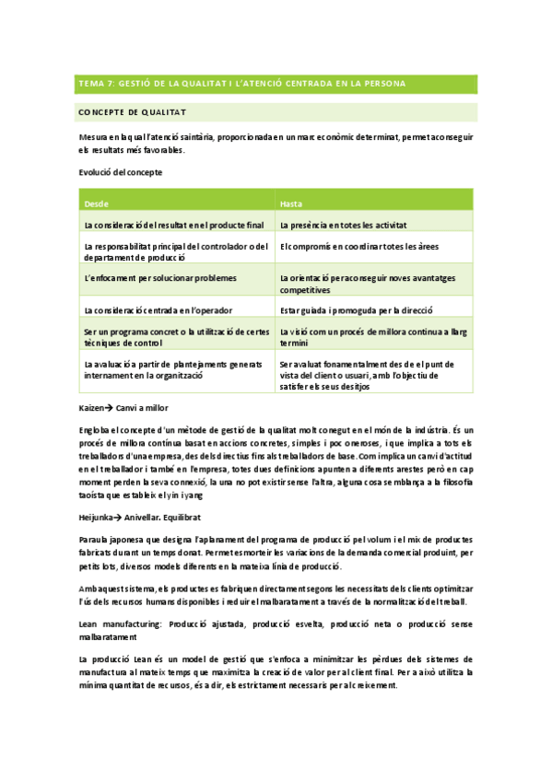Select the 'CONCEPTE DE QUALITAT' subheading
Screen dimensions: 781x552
(134, 112)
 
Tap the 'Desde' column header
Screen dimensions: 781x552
(96, 203)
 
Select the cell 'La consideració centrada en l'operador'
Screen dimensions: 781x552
(158, 310)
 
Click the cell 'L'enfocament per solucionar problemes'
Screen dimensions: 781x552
(159, 277)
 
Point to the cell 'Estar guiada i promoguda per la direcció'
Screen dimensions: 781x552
(357, 310)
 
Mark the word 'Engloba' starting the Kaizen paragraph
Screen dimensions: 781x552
(97, 430)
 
